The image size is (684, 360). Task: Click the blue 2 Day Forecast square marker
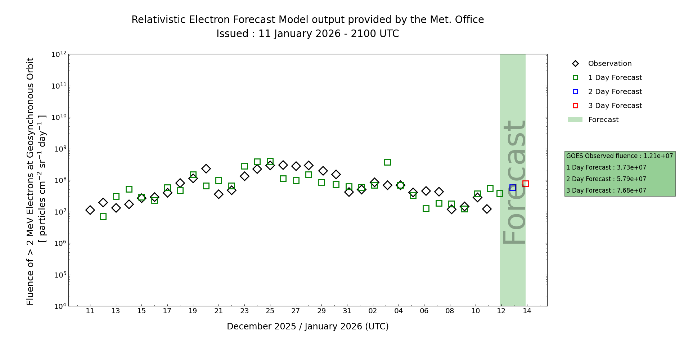click(513, 188)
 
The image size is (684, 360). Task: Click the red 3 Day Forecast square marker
click(526, 184)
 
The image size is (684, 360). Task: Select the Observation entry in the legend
click(609, 64)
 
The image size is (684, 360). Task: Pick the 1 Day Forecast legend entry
click(615, 78)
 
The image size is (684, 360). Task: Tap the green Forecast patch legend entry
click(603, 120)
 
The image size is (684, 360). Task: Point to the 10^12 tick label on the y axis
click(59, 54)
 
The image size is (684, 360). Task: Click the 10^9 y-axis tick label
click(60, 149)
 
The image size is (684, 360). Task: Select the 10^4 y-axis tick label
click(60, 306)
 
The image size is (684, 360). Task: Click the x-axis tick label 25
click(270, 311)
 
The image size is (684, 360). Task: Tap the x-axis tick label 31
click(347, 311)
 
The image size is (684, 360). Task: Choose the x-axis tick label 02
click(373, 311)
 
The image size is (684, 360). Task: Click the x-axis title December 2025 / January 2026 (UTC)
click(307, 327)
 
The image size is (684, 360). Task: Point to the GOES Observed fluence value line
click(619, 156)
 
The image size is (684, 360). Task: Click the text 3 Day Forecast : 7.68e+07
click(606, 191)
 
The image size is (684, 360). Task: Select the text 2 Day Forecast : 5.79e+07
click(606, 179)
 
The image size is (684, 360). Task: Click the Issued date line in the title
click(307, 34)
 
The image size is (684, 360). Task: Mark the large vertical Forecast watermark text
click(514, 182)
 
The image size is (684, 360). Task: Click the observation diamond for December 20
click(206, 168)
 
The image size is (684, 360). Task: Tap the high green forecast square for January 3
click(387, 162)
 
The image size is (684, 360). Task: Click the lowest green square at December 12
click(103, 216)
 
